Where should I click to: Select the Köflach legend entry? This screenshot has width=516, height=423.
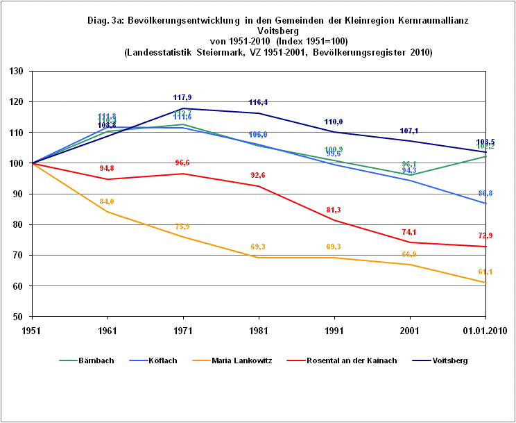(x=162, y=360)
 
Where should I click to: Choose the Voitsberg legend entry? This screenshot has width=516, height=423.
(x=449, y=360)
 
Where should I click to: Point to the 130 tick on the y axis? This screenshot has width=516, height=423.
(x=17, y=72)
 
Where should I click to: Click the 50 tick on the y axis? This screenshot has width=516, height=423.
(x=19, y=317)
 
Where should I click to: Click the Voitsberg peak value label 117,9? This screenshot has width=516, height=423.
(x=182, y=97)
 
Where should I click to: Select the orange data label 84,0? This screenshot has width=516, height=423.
(x=106, y=201)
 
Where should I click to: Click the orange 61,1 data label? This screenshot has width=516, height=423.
(x=485, y=272)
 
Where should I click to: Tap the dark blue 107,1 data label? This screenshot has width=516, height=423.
(x=410, y=131)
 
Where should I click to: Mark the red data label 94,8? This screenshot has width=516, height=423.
(x=106, y=168)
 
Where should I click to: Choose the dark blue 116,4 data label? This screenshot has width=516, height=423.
(x=259, y=102)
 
